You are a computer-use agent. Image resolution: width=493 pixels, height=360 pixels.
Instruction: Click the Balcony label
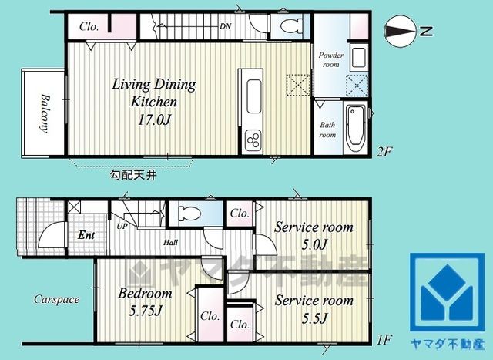[45, 113]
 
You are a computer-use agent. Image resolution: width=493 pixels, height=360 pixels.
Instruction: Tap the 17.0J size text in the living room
[154, 120]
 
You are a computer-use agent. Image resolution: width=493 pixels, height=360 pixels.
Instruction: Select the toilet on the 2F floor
[291, 25]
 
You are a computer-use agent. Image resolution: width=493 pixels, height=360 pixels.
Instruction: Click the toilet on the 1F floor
[189, 214]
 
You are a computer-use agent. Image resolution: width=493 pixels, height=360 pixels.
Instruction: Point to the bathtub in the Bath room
[356, 128]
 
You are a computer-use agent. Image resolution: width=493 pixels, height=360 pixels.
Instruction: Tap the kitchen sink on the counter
[253, 96]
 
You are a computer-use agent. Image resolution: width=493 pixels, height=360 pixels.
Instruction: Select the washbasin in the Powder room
[358, 58]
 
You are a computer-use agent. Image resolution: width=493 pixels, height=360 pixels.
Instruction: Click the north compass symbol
[400, 31]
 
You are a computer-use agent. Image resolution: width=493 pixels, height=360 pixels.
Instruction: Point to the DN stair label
[225, 26]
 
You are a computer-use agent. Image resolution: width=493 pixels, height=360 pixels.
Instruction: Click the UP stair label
[122, 227]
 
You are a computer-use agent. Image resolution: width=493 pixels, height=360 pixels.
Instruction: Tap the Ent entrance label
[86, 235]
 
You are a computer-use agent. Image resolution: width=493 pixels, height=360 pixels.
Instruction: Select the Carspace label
[56, 299]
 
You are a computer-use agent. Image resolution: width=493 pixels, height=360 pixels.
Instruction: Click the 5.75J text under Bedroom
[146, 311]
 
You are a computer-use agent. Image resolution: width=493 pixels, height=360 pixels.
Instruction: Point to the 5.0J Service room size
[314, 244]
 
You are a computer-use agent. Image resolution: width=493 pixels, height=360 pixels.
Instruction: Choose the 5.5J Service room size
[315, 318]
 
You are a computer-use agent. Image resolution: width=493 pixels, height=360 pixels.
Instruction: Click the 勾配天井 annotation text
[132, 175]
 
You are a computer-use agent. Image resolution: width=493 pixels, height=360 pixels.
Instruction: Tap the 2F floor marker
[384, 152]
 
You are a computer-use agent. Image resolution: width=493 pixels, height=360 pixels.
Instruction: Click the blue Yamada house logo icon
[447, 292]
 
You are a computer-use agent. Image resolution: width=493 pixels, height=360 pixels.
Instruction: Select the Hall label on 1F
[170, 242]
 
